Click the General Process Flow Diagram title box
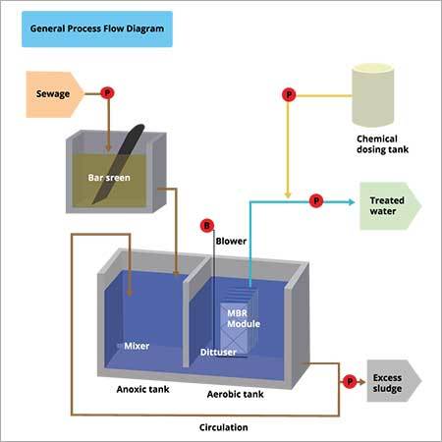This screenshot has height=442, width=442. point(96,30)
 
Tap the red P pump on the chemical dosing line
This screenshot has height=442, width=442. point(288,94)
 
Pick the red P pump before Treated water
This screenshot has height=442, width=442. point(315,200)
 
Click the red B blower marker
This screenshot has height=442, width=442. point(205,225)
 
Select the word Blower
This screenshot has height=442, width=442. point(230,240)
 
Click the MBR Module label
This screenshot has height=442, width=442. point(238,318)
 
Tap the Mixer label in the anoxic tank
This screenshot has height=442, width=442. point(136,346)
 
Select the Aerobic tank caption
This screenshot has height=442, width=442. point(235,393)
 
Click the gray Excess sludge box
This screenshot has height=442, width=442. point(393,379)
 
